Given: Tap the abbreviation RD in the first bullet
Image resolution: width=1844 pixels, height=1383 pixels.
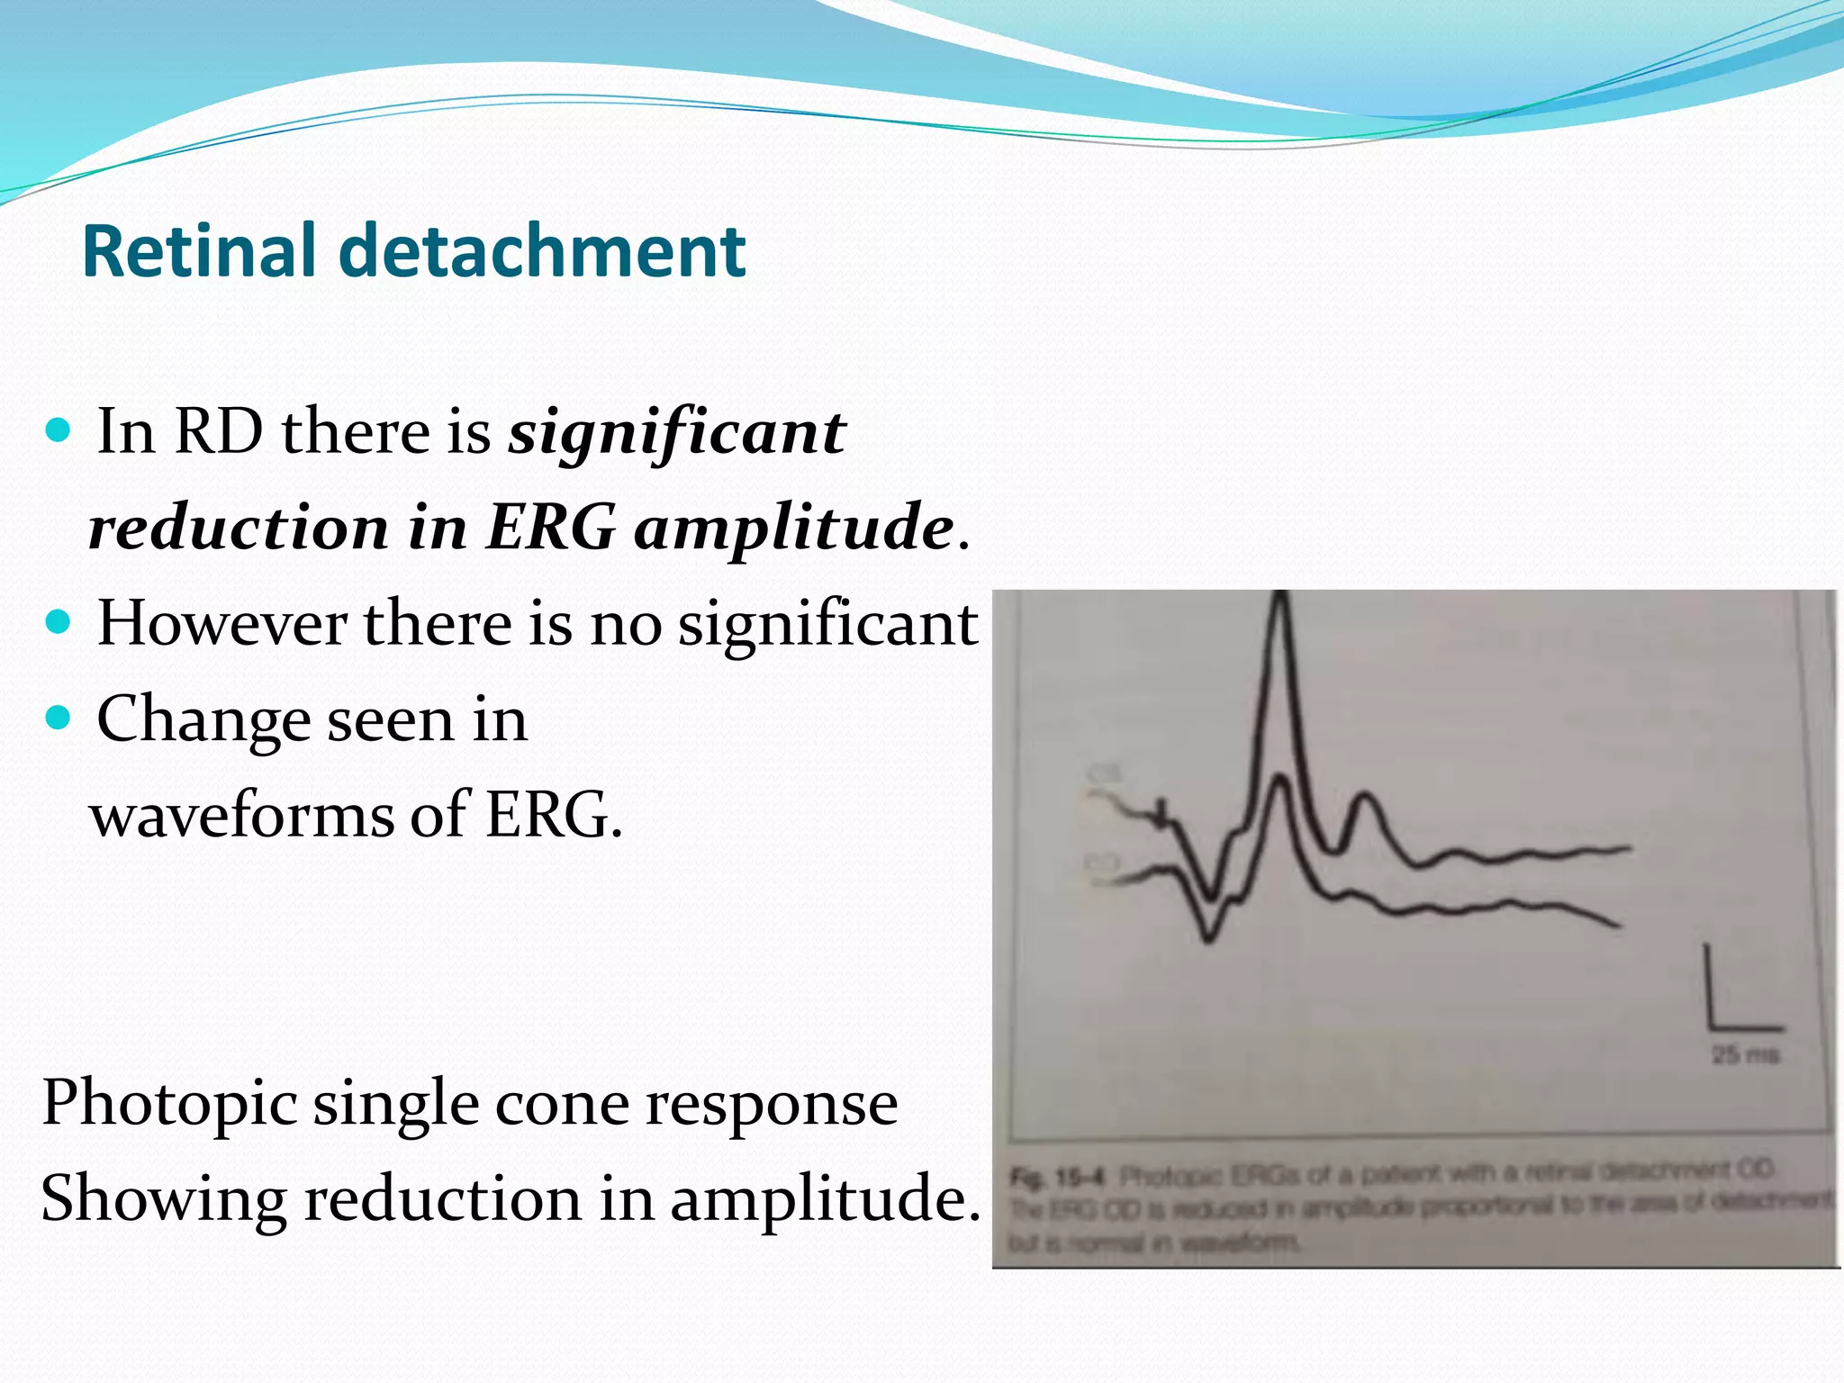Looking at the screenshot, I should [219, 431].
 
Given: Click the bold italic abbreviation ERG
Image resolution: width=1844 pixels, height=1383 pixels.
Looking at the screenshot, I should [550, 527].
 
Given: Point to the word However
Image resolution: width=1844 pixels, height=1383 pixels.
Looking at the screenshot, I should [221, 623].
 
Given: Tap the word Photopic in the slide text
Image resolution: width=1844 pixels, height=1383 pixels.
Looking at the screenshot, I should [169, 1104].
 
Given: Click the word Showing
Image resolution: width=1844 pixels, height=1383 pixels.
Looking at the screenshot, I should [162, 1199].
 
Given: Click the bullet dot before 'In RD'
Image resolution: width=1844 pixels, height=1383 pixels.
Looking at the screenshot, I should [58, 430].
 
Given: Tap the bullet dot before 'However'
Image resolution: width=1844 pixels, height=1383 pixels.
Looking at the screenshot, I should [58, 622].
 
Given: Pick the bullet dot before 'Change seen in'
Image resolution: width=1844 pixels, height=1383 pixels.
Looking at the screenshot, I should [58, 719].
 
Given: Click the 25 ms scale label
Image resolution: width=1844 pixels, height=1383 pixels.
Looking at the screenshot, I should [1745, 1054].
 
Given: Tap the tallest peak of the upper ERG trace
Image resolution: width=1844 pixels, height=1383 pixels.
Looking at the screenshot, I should [1281, 599].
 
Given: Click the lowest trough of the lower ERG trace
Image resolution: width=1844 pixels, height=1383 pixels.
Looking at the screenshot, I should [1208, 939].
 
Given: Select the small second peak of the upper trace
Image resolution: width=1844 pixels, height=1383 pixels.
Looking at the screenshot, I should [1365, 796].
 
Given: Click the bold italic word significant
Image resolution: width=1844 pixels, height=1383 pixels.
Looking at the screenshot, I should [676, 433].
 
